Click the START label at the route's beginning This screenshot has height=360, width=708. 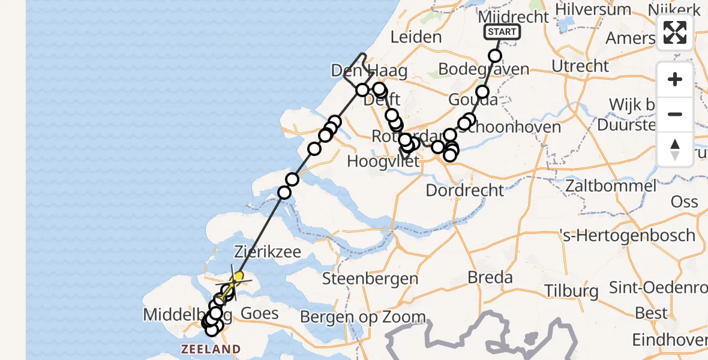(x=502, y=32)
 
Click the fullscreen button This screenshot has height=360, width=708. (x=675, y=32)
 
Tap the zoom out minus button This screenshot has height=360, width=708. (x=675, y=114)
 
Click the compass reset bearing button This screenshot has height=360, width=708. (x=675, y=149)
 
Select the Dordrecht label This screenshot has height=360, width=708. (x=465, y=191)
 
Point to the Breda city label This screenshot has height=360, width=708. (x=491, y=278)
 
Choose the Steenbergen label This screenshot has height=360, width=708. (x=370, y=278)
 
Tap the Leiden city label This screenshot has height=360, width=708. (x=416, y=37)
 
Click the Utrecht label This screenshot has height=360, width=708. (x=580, y=66)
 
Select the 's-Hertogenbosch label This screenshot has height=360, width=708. (x=627, y=235)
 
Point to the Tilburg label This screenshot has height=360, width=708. (x=571, y=292)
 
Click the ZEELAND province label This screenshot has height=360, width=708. (x=212, y=349)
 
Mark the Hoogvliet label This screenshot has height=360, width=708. (x=378, y=162)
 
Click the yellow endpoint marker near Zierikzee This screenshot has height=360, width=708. (x=238, y=276)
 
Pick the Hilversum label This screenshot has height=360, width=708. (x=598, y=10)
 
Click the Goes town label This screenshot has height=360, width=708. (x=259, y=313)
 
